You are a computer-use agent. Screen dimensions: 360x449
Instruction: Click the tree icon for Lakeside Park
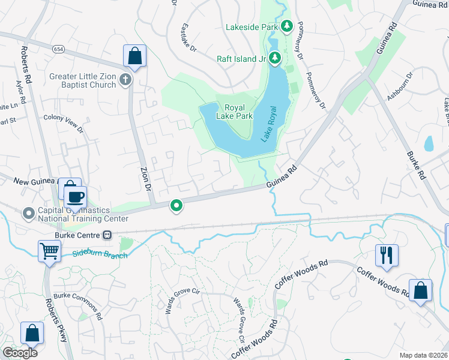(x=287, y=26)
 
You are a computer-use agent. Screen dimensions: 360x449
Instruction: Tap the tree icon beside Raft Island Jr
(x=275, y=58)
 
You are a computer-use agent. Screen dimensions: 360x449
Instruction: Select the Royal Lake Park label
(x=234, y=112)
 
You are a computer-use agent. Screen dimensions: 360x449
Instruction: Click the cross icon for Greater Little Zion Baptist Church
(x=125, y=80)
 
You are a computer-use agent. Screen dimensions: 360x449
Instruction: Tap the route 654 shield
(x=58, y=49)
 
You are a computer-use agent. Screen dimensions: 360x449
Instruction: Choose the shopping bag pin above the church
(x=134, y=56)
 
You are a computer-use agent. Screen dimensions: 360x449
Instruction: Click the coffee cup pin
(x=75, y=197)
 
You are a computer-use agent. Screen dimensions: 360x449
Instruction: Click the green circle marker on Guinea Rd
(x=176, y=206)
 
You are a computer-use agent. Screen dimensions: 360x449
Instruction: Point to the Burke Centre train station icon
(x=108, y=235)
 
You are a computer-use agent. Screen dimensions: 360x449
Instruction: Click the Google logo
(x=20, y=352)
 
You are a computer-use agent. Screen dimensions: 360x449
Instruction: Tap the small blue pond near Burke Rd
(x=429, y=143)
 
